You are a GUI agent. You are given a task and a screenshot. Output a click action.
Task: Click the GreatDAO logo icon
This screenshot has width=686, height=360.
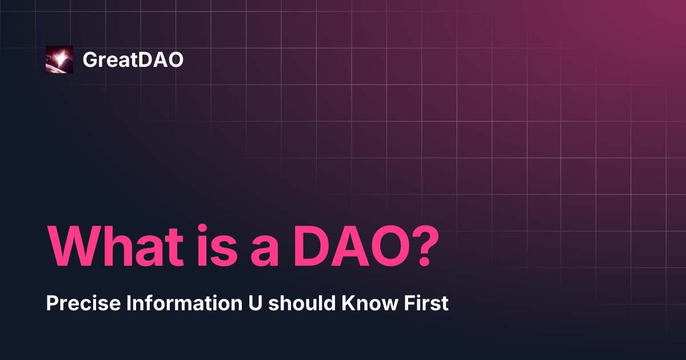click(x=59, y=59)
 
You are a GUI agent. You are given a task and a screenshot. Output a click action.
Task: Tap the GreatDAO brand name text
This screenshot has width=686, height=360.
click(x=133, y=59)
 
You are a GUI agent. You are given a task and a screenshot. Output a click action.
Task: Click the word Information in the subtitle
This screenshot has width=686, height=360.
click(x=167, y=304)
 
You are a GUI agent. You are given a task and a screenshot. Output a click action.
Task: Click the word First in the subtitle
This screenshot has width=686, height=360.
click(x=428, y=304)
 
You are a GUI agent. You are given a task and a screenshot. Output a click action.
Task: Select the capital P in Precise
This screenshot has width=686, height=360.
click(x=51, y=304)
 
